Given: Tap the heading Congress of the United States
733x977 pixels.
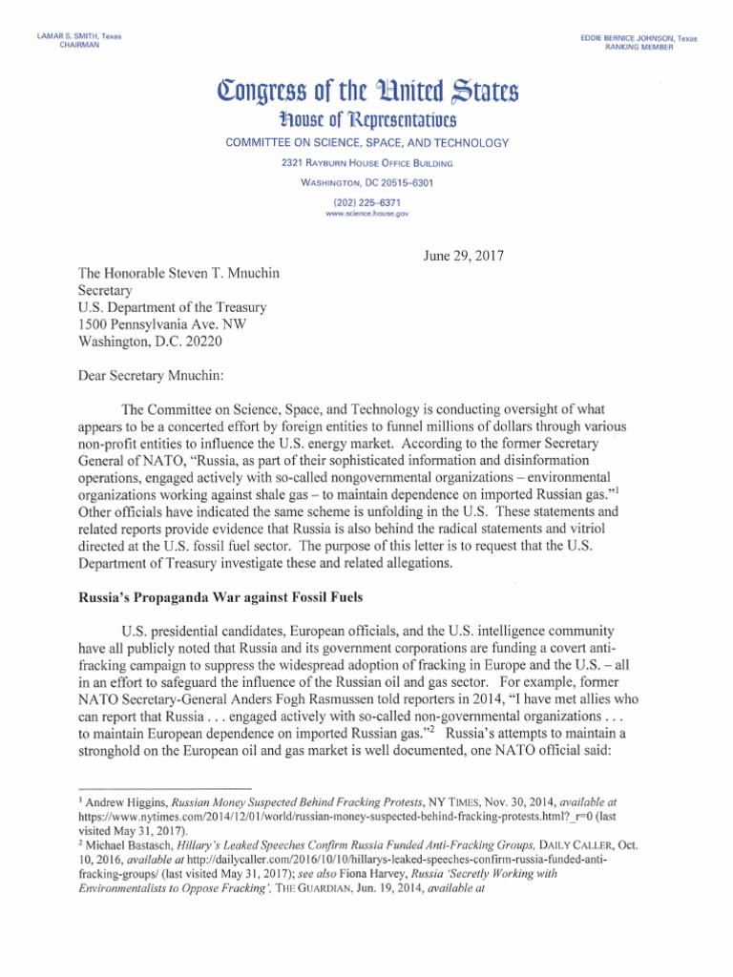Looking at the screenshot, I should pos(367,94).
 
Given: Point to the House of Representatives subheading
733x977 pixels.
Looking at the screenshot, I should pos(367,120).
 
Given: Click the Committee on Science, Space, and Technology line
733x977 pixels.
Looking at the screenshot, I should pos(367,143).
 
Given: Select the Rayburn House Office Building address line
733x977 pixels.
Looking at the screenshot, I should pos(367,164).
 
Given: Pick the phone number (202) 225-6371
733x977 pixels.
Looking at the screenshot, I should pos(366,203).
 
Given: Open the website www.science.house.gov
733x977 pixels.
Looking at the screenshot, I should pos(366,216).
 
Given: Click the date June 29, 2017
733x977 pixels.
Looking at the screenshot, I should pos(463,256).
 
